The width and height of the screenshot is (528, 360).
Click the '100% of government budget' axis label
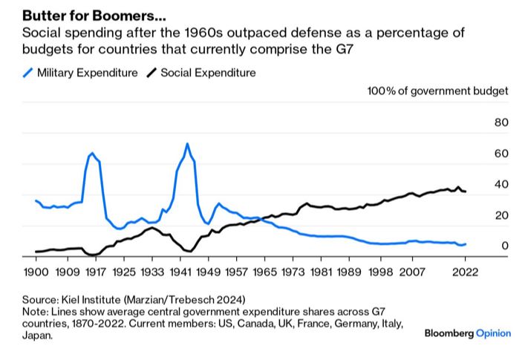(438, 91)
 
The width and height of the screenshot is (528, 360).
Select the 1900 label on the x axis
(35, 272)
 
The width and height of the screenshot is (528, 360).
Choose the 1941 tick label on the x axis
(180, 272)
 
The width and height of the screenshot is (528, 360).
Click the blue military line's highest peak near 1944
(187, 143)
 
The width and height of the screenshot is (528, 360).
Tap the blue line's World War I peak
(91, 153)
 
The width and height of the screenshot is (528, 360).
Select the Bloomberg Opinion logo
(467, 333)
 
